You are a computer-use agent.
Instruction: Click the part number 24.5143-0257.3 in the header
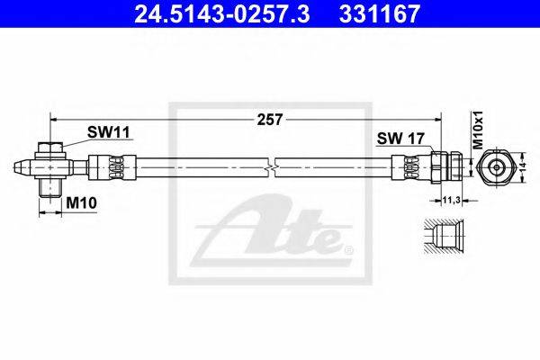(222, 13)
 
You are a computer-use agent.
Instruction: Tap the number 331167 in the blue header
(380, 13)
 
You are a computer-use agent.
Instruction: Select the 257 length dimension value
(270, 120)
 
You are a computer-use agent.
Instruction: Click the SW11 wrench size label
(108, 132)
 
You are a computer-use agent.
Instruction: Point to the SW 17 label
(400, 139)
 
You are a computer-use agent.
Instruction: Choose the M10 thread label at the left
(81, 202)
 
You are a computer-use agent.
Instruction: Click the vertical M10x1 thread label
(478, 130)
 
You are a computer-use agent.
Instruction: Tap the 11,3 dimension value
(452, 200)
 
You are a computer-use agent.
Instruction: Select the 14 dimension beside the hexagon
(522, 166)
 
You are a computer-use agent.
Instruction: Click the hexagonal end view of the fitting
(496, 167)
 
